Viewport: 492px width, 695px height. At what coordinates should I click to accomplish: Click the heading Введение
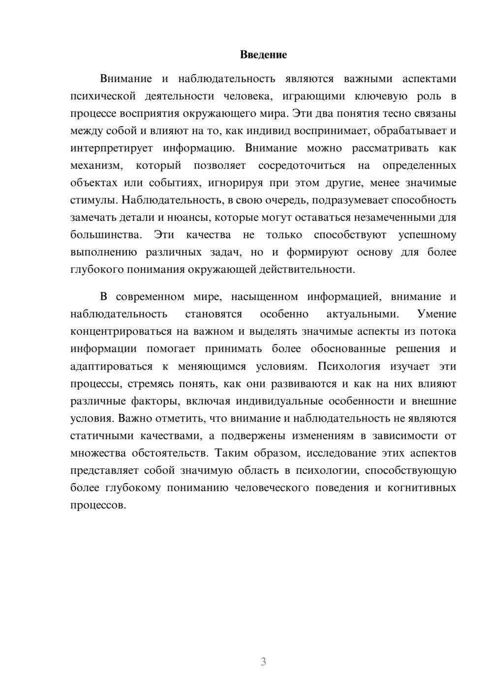[263, 55]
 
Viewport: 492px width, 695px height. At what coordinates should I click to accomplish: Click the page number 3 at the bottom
[263, 662]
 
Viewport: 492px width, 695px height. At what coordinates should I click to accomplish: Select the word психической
[103, 96]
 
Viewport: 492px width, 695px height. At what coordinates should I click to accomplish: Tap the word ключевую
[377, 96]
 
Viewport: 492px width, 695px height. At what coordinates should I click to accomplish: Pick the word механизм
[96, 165]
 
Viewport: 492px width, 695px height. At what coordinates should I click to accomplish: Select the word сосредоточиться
[302, 165]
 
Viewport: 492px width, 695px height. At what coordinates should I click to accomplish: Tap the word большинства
[106, 235]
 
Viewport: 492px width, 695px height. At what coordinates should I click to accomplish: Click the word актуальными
[363, 314]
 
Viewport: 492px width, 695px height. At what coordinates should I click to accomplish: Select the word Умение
[436, 314]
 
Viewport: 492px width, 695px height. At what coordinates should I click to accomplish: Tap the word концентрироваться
[121, 331]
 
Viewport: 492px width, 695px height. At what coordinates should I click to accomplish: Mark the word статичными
[101, 435]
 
